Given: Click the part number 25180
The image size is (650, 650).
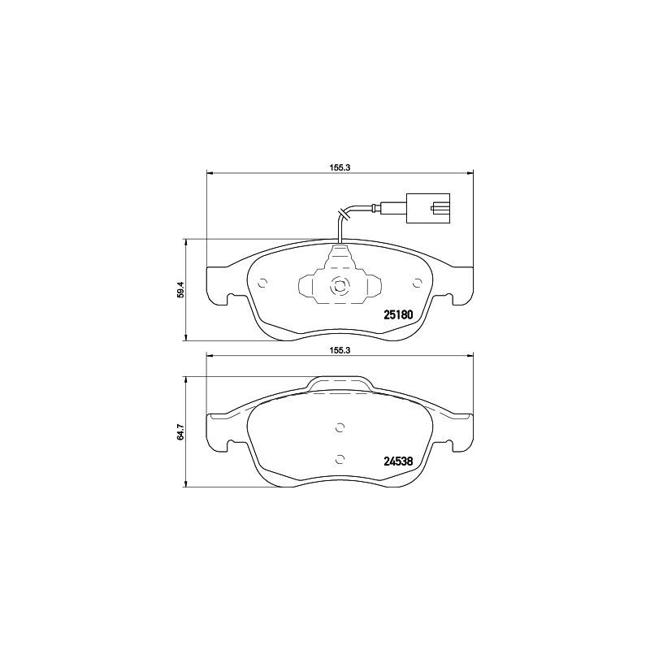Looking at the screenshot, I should pos(398,314).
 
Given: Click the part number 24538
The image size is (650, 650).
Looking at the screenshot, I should pos(398,461).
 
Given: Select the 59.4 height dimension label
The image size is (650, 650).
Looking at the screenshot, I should pos(182,289).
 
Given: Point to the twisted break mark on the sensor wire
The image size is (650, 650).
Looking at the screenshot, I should pos(342,214).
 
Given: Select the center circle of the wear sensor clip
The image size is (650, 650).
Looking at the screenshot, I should pos(340,285).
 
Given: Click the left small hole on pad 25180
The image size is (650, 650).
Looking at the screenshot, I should pos(262,284).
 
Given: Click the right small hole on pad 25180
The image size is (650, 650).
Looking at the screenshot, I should pos(417,284).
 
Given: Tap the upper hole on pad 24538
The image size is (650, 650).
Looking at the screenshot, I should pos(340,429).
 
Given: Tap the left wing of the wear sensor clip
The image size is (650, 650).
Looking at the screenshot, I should pos(310,287).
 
